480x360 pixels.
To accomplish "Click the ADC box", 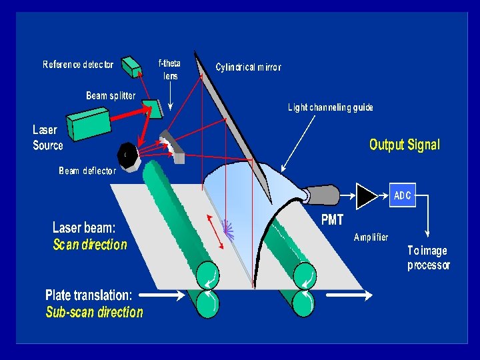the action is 403,195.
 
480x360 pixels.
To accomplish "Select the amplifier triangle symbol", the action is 366,195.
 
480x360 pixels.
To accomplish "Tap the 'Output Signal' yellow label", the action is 405,145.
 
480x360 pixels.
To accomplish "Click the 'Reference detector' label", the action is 78,65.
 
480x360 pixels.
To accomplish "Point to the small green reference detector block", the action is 131,65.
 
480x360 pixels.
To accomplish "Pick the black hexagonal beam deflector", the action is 127,155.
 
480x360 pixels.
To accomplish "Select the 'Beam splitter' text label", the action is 111,95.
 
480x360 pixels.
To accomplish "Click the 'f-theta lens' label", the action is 169,70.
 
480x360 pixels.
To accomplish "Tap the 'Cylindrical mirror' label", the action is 248,67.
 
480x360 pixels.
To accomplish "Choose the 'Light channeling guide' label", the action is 331,107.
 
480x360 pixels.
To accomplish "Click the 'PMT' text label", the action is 332,220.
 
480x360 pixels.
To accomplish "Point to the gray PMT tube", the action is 323,194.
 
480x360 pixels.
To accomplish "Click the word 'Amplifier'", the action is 371,237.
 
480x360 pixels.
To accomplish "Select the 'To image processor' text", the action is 429,258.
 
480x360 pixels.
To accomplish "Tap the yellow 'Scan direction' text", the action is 90,245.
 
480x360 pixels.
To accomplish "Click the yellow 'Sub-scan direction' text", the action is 94,312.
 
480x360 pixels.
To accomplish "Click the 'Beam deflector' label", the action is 87,171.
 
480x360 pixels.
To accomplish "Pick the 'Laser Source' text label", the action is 48,137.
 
